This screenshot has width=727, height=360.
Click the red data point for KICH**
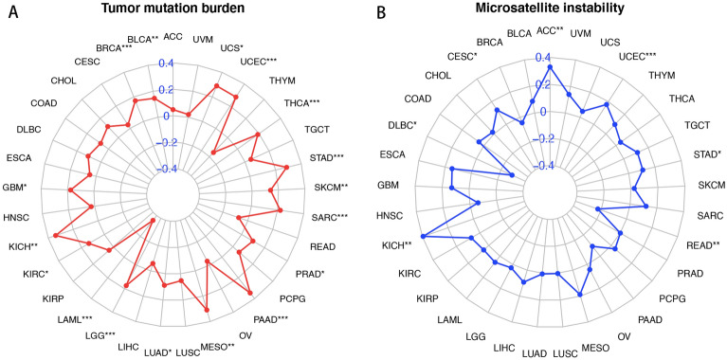click(57, 237)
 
